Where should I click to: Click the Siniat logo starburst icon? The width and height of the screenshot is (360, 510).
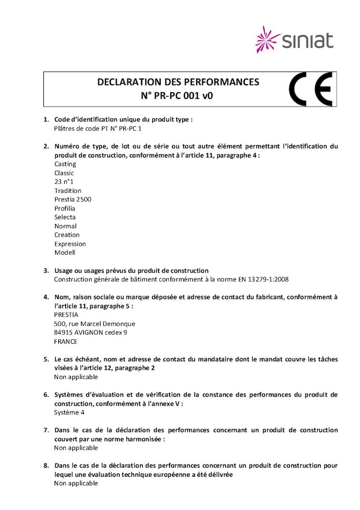click(267, 39)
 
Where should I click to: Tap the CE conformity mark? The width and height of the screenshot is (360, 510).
click(311, 89)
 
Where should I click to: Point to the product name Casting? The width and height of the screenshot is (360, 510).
click(65, 164)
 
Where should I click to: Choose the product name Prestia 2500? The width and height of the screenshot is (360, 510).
click(73, 199)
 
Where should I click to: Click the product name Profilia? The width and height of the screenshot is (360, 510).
click(65, 209)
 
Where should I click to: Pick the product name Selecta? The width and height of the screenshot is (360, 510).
click(65, 217)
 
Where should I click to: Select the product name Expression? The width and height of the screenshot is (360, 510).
click(70, 244)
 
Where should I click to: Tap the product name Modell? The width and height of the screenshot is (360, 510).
click(65, 252)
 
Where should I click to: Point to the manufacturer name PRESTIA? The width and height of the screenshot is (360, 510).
click(66, 315)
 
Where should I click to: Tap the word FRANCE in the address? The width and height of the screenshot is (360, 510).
click(66, 342)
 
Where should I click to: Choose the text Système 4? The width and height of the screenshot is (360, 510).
click(69, 413)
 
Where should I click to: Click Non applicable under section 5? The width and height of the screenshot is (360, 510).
click(76, 377)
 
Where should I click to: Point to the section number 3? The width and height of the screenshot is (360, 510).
click(46, 270)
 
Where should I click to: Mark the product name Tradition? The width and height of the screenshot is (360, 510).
click(68, 191)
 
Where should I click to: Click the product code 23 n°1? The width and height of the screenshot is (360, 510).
click(64, 182)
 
